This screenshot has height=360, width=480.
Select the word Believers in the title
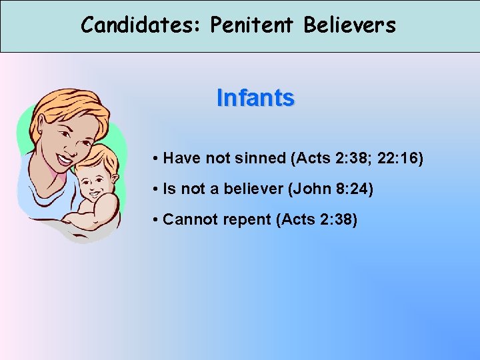click(x=350, y=25)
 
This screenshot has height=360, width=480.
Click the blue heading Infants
click(x=255, y=98)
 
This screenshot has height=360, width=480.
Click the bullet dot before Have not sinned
click(x=154, y=159)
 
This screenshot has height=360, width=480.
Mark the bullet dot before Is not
click(x=154, y=190)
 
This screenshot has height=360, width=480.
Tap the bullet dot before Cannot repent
click(x=154, y=221)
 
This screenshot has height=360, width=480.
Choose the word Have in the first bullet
click(x=179, y=159)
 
